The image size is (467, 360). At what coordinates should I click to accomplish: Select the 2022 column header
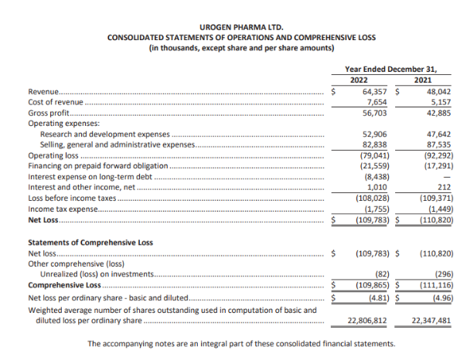[x=359, y=80]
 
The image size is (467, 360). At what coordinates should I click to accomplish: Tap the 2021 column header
[x=422, y=80]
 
